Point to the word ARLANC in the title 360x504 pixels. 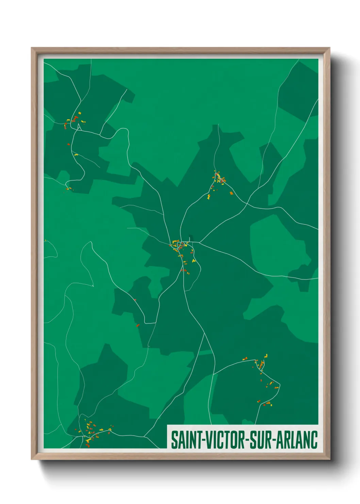click(297, 440)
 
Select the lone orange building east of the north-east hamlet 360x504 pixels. click(231, 193)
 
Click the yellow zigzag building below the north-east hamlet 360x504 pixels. click(209, 196)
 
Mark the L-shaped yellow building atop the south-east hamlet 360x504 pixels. click(266, 356)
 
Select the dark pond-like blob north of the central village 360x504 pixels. click(190, 238)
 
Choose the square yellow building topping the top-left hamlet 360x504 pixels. click(80, 113)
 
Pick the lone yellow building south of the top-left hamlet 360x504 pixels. click(76, 155)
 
